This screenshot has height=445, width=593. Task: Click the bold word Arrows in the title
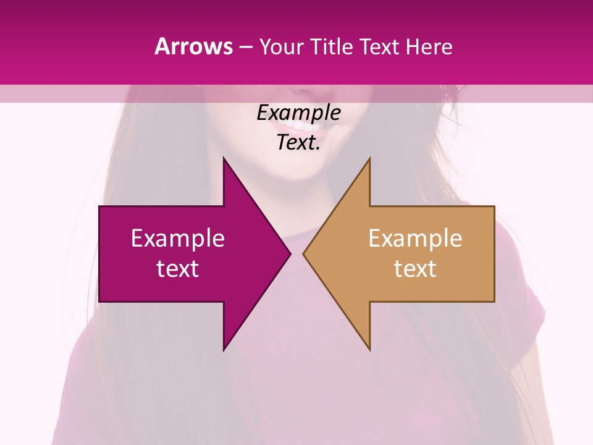pyautogui.click(x=193, y=46)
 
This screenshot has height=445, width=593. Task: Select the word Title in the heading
pyautogui.click(x=332, y=46)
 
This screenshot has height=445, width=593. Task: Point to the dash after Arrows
pyautogui.click(x=245, y=47)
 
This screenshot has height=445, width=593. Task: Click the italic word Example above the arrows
pyautogui.click(x=298, y=113)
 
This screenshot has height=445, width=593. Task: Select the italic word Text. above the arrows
pyautogui.click(x=298, y=143)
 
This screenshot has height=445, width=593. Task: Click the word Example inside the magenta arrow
pyautogui.click(x=178, y=239)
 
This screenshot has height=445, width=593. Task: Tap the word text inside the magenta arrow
pyautogui.click(x=178, y=269)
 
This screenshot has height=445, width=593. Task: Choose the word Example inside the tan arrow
pyautogui.click(x=415, y=239)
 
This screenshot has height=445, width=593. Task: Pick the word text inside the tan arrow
pyautogui.click(x=415, y=269)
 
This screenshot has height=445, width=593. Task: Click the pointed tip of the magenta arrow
pyautogui.click(x=290, y=253)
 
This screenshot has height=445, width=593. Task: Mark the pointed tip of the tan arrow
pyautogui.click(x=303, y=253)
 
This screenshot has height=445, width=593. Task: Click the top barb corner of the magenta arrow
pyautogui.click(x=224, y=158)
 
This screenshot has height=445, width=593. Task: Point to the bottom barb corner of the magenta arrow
pyautogui.click(x=224, y=350)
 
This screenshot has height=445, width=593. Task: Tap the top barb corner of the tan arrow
pyautogui.click(x=369, y=158)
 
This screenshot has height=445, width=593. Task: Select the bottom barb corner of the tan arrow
pyautogui.click(x=369, y=350)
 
